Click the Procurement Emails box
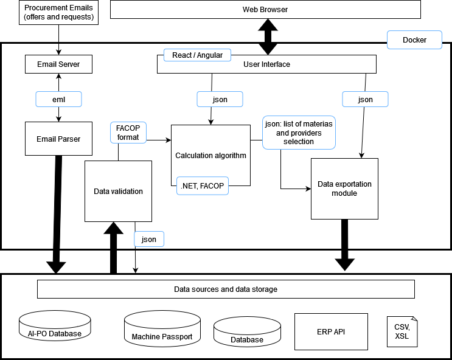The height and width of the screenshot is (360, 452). [59, 13]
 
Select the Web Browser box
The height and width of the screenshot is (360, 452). [265, 10]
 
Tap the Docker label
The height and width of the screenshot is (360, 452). [414, 40]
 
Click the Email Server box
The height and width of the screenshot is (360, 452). [58, 64]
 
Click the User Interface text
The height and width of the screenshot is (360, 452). [266, 64]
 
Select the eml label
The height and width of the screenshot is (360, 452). [58, 99]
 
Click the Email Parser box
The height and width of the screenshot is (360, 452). [58, 139]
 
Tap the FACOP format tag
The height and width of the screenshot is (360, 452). [128, 133]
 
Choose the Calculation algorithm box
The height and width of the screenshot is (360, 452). [210, 156]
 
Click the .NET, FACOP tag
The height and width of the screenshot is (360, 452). [202, 186]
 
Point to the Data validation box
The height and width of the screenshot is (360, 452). [118, 191]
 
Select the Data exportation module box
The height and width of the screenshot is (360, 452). [344, 189]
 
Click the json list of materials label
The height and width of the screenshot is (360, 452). [299, 133]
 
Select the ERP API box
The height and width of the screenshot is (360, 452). [331, 331]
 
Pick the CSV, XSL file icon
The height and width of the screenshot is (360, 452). [402, 331]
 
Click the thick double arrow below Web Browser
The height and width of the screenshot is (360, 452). [266, 37]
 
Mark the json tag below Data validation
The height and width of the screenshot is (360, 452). [149, 239]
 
